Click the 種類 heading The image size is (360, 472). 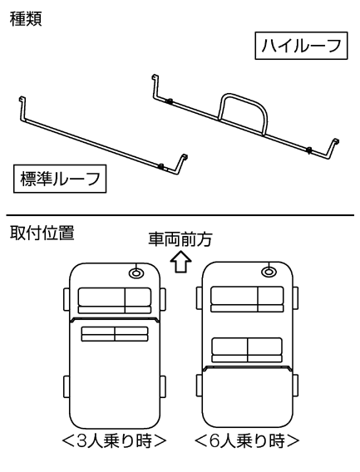coord(26,19)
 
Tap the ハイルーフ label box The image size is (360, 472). coord(301,46)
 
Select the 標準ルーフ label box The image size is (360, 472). coord(60,179)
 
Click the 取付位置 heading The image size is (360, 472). coord(42,233)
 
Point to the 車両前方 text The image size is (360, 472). coord(180,239)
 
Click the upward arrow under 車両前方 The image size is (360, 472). coord(180,262)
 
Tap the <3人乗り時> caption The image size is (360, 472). coord(114,441)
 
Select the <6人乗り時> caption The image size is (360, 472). coord(247,441)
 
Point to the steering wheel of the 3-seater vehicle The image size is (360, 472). coord(136,273)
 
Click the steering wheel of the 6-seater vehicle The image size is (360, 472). coord(269,272)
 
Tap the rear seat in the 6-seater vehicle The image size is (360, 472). coord(247,350)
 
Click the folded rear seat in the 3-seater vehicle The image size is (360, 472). coord(115,334)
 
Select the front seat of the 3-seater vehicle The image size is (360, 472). coord(115,301)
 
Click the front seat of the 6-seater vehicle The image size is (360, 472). coord(247,299)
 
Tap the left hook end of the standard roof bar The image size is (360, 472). coord(22,99)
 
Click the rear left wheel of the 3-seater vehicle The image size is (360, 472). coord(67,386)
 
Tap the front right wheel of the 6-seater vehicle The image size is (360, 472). coord(295,298)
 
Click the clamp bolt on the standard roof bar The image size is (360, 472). coord(161,166)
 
